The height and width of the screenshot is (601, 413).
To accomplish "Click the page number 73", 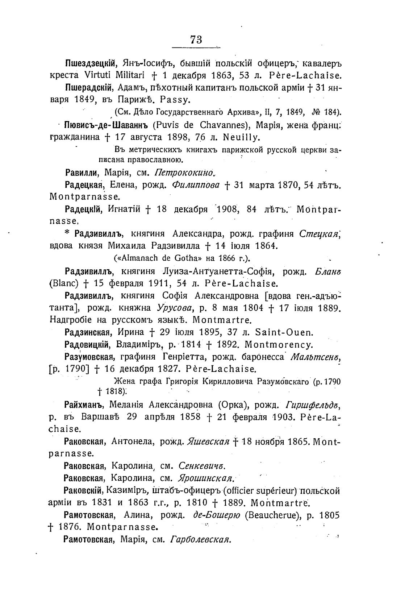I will (x=196, y=39).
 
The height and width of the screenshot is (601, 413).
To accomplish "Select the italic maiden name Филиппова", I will (x=196, y=185).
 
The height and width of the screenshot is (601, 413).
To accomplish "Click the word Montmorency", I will (x=279, y=344).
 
